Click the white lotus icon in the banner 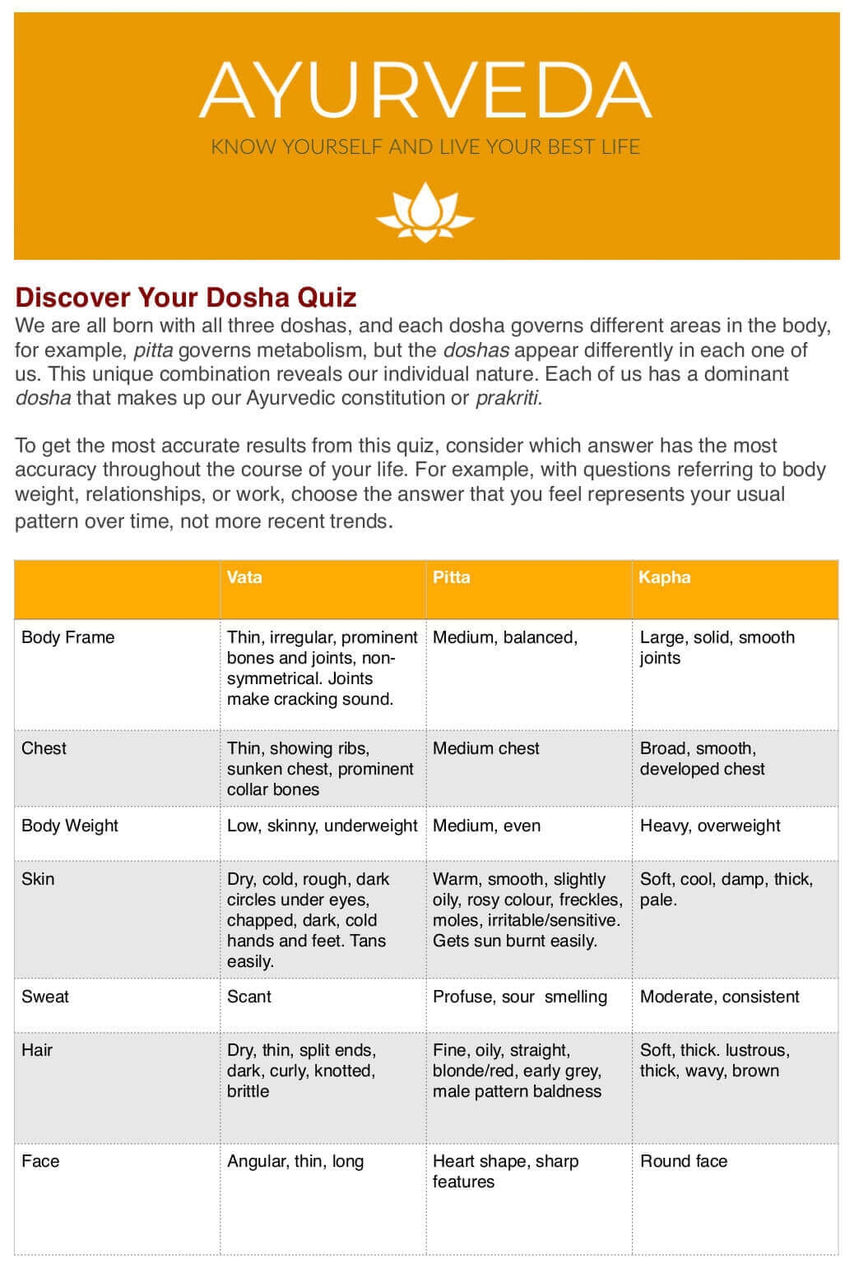click(x=425, y=212)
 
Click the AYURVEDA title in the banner click(x=425, y=90)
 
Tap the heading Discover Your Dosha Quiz click(x=186, y=296)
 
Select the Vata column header click(x=244, y=577)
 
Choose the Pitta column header click(x=452, y=577)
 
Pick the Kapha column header click(x=665, y=577)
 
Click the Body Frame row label click(x=67, y=637)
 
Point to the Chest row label click(x=44, y=748)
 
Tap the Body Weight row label click(x=70, y=826)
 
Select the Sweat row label click(x=45, y=997)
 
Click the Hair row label click(x=37, y=1050)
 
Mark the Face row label click(x=40, y=1161)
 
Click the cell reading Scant click(x=249, y=997)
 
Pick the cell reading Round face click(x=684, y=1161)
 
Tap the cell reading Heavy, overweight click(x=710, y=826)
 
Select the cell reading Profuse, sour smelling click(x=520, y=997)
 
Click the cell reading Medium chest click(x=486, y=748)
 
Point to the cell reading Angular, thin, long click(x=295, y=1161)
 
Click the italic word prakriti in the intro click(x=507, y=399)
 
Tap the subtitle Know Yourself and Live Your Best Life click(x=425, y=147)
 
